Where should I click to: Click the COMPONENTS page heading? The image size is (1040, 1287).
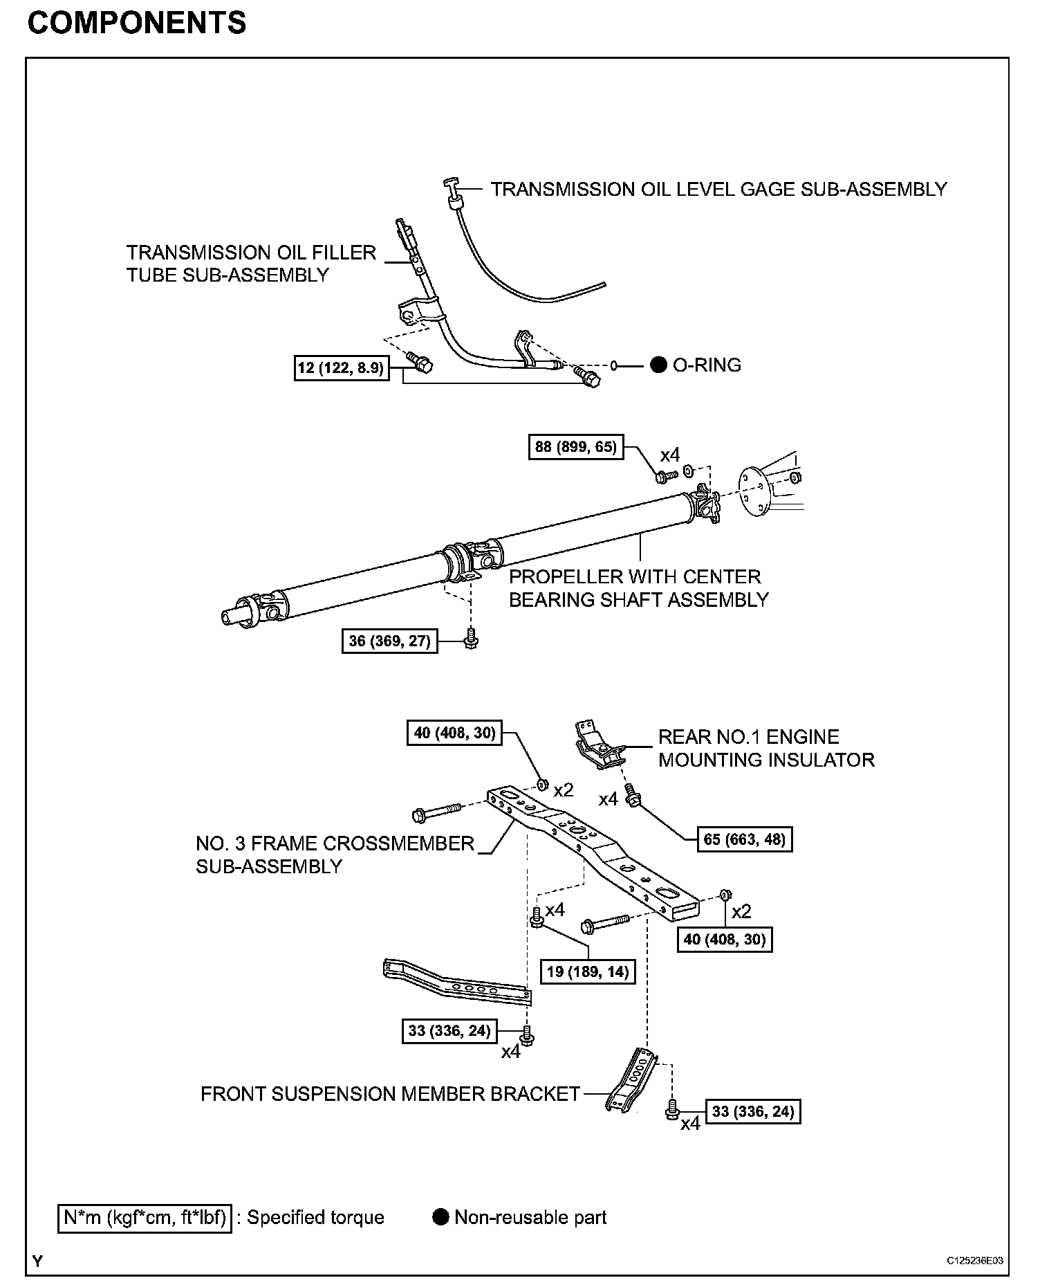click(x=136, y=24)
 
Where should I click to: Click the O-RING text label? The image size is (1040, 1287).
click(x=707, y=365)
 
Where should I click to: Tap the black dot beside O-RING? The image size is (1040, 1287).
click(x=658, y=365)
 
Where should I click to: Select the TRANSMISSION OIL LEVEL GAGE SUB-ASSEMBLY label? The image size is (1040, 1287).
click(x=718, y=190)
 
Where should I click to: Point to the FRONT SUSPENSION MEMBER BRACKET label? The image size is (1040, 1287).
click(x=390, y=1094)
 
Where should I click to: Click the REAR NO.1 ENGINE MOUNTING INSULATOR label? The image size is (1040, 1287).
click(x=765, y=749)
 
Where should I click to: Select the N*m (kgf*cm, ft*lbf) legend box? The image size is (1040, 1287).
click(x=145, y=1217)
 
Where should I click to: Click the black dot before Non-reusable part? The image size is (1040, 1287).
click(x=440, y=1217)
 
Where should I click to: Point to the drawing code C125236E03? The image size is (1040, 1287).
click(x=975, y=1261)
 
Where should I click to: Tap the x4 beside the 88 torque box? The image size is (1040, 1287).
click(x=669, y=455)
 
